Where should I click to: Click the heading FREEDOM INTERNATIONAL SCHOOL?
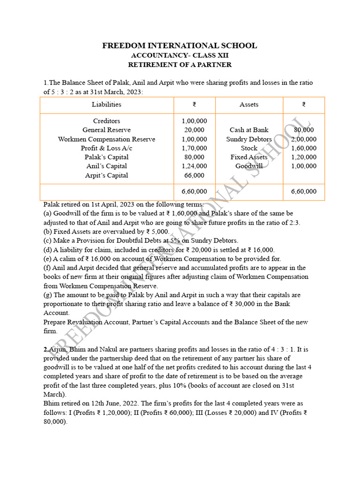[x=180, y=45]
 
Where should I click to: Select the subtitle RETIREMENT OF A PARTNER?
[x=180, y=65]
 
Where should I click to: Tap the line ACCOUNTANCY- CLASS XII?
[x=180, y=55]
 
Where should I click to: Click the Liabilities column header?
[x=106, y=105]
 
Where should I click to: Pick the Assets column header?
[x=249, y=105]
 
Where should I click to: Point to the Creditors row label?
[x=106, y=121]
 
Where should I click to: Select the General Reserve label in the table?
[x=106, y=130]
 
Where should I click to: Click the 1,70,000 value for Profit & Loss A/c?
[x=194, y=148]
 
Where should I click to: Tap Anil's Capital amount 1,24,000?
[x=194, y=166]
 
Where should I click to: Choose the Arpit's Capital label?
[x=106, y=175]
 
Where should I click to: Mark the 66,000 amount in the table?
[x=194, y=175]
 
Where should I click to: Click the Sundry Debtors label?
[x=249, y=139]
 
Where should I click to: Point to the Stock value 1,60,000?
[x=304, y=148]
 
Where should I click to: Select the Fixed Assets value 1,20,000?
[x=304, y=157]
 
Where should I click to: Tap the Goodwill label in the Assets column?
[x=249, y=166]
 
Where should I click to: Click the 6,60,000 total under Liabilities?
[x=194, y=191]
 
